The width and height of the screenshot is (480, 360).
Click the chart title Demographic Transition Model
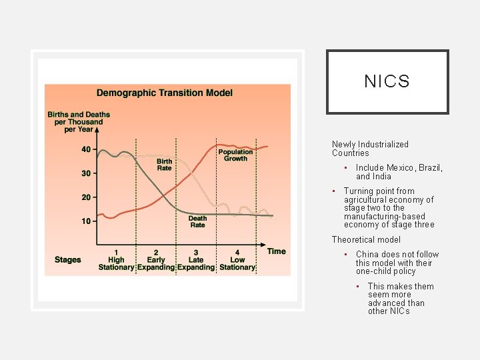165,93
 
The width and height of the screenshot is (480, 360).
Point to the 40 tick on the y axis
87,149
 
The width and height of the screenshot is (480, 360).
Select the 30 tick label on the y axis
87,173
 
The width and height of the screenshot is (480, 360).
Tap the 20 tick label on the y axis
87,197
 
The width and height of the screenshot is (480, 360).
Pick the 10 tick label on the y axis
87,221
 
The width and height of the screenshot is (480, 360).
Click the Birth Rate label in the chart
164,165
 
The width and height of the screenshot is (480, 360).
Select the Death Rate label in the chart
197,221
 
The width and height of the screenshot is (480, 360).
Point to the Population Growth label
235,155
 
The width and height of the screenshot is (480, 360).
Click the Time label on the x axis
276,251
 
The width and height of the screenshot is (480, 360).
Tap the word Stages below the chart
67,260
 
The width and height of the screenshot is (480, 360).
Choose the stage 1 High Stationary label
116,260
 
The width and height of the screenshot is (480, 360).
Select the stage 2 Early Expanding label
156,260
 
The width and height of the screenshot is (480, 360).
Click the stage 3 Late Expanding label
196,260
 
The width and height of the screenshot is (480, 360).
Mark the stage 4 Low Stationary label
237,260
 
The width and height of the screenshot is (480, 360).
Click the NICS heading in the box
387,82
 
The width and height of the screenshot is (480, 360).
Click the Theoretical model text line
366,239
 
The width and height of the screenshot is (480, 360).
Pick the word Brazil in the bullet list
431,168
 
